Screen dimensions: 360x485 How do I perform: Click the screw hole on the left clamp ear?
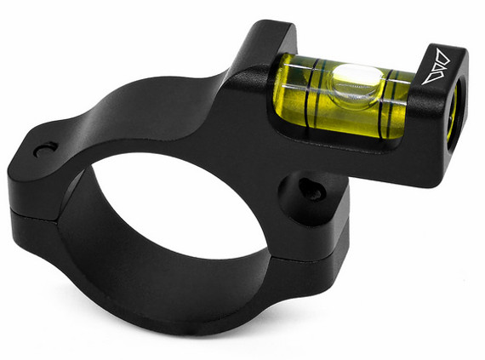[43, 150]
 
